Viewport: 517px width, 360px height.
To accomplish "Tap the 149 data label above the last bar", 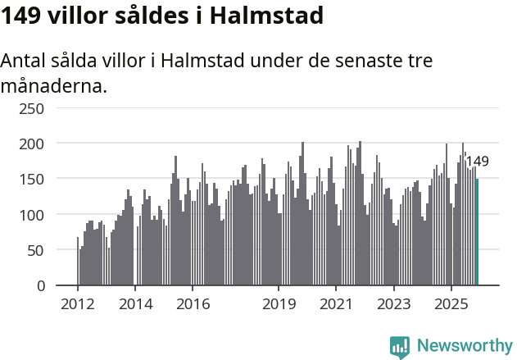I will click(477, 162).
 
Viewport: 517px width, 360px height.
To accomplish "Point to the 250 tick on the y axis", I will click(32, 108).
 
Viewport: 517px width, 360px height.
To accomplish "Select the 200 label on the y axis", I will click(32, 144).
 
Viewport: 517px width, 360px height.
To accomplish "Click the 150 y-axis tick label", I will click(32, 179).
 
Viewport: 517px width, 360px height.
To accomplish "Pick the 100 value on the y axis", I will click(32, 215).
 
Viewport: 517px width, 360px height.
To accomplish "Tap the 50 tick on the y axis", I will click(36, 250).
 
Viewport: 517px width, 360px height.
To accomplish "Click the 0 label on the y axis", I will click(40, 285).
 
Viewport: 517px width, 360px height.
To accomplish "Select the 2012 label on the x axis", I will click(78, 304).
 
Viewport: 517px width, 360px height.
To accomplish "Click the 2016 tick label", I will click(193, 304).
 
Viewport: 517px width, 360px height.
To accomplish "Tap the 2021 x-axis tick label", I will click(336, 304).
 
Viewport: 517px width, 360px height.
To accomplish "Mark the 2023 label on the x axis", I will click(393, 304).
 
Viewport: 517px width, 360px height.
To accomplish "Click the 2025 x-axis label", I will click(451, 304).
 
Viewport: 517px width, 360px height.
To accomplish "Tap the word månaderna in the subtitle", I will click(53, 85).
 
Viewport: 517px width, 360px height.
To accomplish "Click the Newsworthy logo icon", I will click(400, 347).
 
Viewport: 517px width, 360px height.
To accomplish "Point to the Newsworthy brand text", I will click(464, 346).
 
